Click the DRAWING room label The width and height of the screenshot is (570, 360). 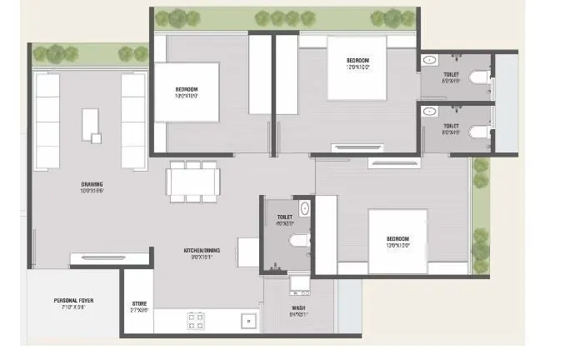[x=91, y=184]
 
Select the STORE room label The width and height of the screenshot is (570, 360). [x=139, y=303]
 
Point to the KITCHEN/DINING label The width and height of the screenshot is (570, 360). [x=202, y=250]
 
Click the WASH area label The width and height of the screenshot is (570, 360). [x=297, y=308]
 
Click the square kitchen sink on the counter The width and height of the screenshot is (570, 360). [x=247, y=320]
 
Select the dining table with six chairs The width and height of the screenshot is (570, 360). [x=192, y=181]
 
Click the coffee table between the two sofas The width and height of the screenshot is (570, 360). [x=91, y=126]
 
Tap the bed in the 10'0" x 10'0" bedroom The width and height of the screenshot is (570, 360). [x=187, y=92]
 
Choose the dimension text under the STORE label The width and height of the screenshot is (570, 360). [x=139, y=311]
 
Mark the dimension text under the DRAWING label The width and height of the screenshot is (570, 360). [x=91, y=192]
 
